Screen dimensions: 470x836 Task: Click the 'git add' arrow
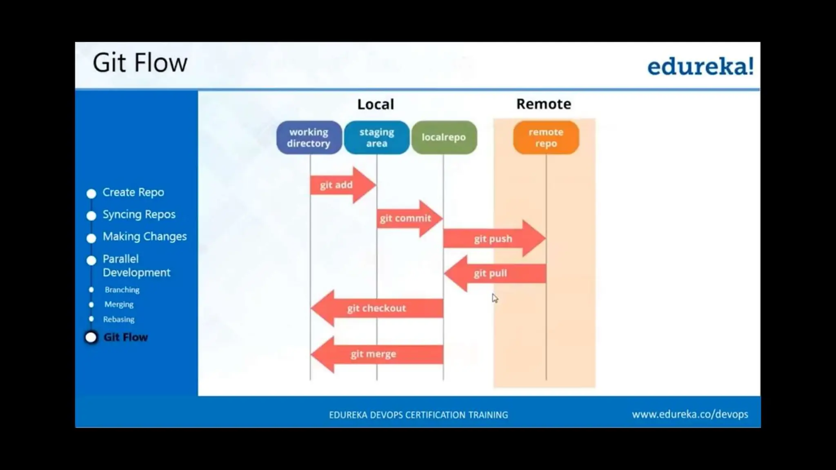339,185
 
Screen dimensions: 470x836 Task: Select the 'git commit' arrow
406,218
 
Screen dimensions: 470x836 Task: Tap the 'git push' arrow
493,239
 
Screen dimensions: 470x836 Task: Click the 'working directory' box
309,137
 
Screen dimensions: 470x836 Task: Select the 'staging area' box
377,137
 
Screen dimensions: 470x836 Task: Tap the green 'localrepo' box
444,137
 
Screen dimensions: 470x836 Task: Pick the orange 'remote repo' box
546,137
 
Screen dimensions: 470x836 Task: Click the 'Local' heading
376,104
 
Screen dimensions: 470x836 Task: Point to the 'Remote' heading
543,104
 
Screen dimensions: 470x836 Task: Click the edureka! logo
700,67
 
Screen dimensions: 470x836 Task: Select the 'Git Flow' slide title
140,63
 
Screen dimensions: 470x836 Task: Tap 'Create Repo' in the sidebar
133,192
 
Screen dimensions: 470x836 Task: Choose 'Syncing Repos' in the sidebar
139,214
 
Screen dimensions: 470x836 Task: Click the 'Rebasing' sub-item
119,319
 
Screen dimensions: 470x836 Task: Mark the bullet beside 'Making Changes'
91,238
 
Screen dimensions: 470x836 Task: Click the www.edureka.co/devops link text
690,415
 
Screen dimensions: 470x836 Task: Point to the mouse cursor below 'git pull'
495,298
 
